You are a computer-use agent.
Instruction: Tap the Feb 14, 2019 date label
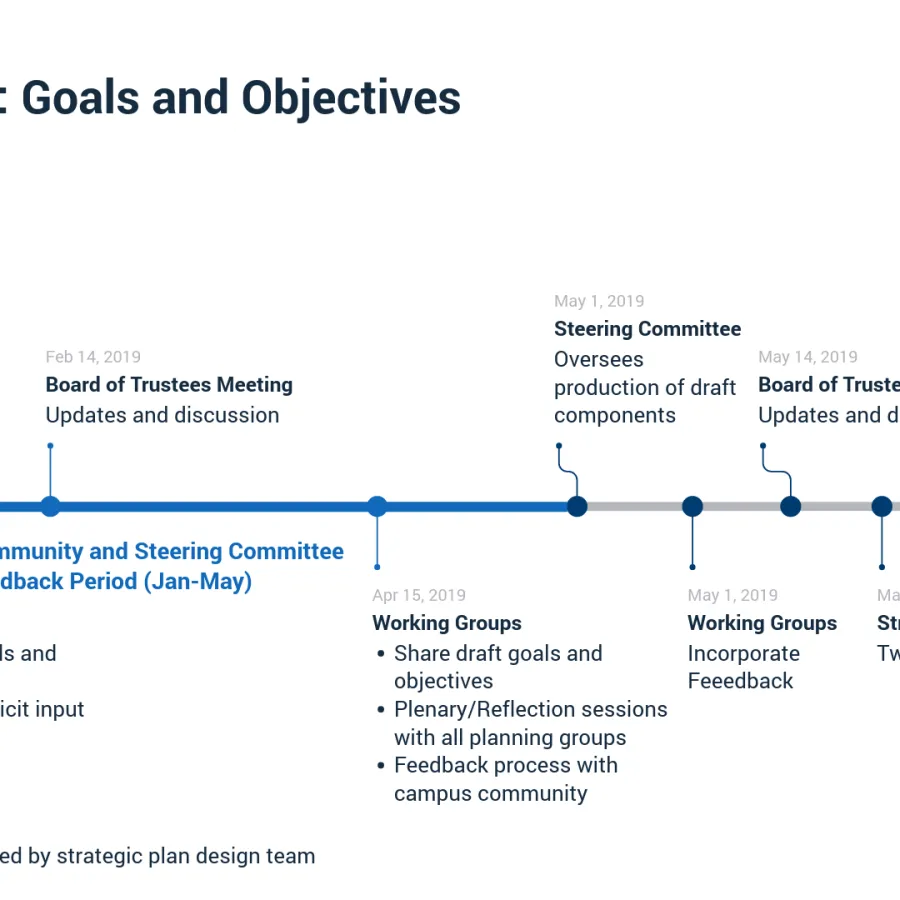tap(93, 357)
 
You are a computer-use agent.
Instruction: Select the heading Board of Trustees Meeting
tap(169, 385)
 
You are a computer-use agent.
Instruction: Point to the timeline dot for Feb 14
tap(50, 506)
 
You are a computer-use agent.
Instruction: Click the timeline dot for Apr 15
tap(377, 506)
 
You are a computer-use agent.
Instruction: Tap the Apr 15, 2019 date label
tap(419, 596)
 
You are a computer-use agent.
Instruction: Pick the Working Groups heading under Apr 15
tap(447, 623)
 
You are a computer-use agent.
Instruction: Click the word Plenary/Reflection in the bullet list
tap(466, 709)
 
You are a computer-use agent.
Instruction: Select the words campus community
tap(490, 794)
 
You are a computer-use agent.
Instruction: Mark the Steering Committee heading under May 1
tap(647, 329)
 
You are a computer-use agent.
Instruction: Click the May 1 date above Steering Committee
tap(599, 301)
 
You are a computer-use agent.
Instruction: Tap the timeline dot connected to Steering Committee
tap(577, 506)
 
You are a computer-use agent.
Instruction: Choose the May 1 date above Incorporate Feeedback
tap(732, 596)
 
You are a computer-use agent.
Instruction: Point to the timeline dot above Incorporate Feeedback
tap(692, 506)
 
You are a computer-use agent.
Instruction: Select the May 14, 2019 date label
tap(807, 357)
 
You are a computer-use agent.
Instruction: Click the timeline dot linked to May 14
tap(790, 506)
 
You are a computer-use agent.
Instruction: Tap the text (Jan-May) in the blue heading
tap(198, 581)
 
